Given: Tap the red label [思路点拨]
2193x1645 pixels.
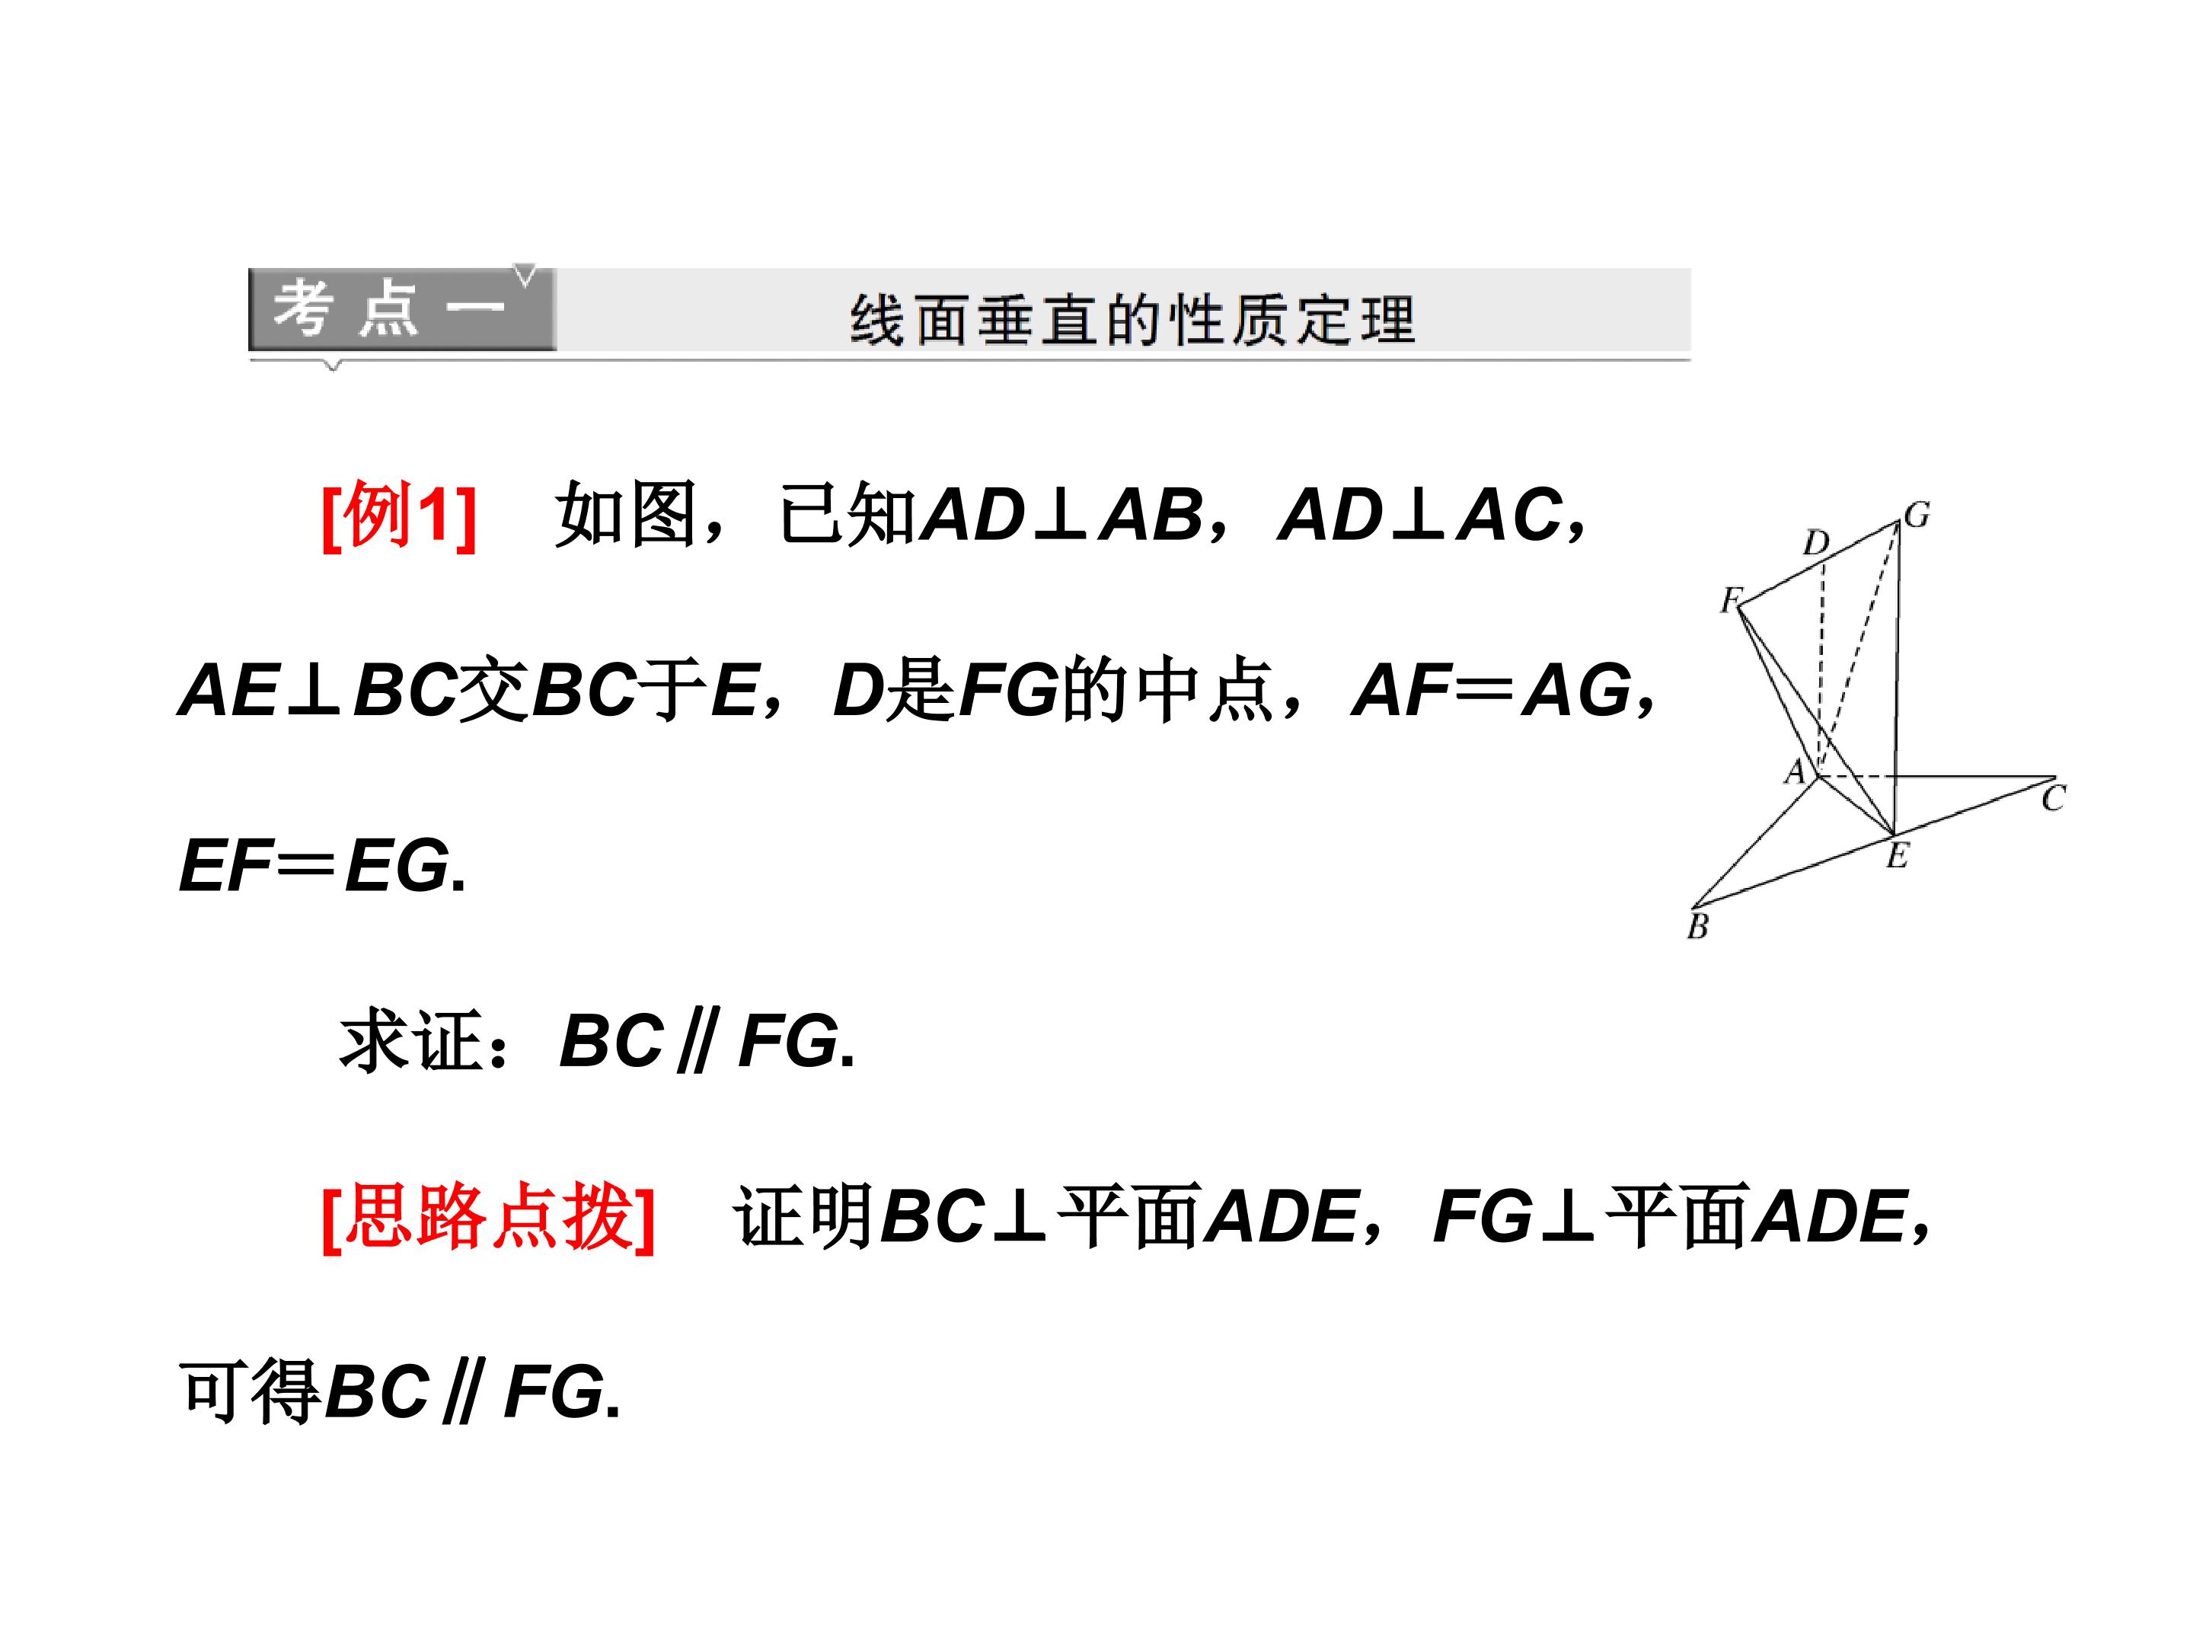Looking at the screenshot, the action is pos(489,1218).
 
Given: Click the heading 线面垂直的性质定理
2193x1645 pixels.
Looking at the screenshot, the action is pos(1132,321).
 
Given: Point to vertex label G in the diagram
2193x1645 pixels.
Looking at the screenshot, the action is pos(1917,515).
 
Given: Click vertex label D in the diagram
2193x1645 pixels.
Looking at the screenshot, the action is pos(1815,542).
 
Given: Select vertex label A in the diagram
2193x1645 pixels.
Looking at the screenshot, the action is pos(1795,771).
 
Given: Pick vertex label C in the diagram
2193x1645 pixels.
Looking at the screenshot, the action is pos(2053,798).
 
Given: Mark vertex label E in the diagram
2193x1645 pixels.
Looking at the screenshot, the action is pos(1897,854).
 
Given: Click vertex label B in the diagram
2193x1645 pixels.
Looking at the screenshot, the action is pos(1697,927).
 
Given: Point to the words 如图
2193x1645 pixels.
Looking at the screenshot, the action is pos(624,515).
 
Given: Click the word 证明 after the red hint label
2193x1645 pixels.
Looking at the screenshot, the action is pos(804,1218).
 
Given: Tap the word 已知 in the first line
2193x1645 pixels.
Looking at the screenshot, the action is pos(849,515).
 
